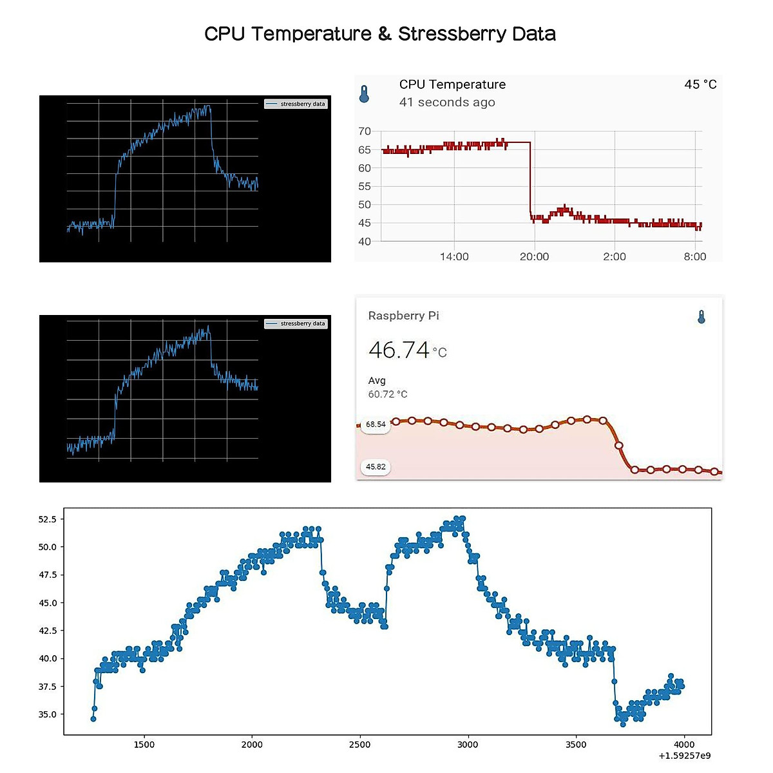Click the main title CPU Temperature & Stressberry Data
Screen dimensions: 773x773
(x=380, y=34)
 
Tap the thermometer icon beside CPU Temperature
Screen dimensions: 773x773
(x=364, y=95)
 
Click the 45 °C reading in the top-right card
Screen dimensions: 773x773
(x=700, y=84)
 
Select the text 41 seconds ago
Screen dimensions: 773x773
(x=447, y=102)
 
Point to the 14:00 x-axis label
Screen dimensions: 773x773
(x=454, y=256)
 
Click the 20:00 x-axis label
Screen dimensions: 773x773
(x=534, y=256)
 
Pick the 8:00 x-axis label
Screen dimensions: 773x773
(x=694, y=256)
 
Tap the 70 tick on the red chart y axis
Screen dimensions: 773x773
(x=365, y=131)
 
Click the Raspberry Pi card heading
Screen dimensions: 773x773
(x=403, y=316)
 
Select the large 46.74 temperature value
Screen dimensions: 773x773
(x=399, y=350)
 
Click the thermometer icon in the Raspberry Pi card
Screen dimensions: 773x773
(x=701, y=317)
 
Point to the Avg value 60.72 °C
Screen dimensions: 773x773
(x=388, y=394)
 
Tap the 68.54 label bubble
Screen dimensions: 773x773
(x=376, y=425)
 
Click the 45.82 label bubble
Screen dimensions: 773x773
(x=376, y=467)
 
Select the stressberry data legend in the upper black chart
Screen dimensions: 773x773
(x=296, y=104)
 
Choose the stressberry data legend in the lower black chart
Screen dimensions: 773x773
(x=296, y=323)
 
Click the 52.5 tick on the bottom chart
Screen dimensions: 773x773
(x=48, y=519)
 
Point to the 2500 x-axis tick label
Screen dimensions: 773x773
(x=359, y=745)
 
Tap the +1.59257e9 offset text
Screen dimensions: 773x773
(x=685, y=756)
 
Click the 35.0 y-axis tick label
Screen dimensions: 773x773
(x=48, y=714)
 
